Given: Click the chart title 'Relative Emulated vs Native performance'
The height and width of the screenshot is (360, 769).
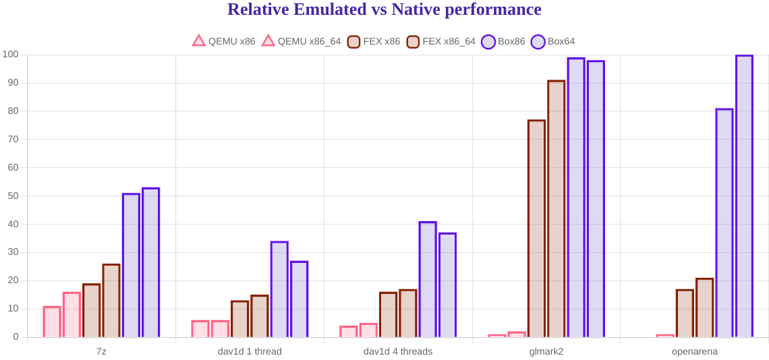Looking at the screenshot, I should [x=384, y=9].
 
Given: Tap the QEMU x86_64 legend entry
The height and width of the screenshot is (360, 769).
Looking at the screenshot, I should [x=301, y=41].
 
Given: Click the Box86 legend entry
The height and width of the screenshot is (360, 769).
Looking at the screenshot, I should [x=503, y=41].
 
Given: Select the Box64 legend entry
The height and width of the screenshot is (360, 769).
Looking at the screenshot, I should [x=552, y=41].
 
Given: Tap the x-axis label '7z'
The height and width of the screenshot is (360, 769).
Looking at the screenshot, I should [x=101, y=351].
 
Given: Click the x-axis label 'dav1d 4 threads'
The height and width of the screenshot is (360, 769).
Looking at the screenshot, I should [x=398, y=351].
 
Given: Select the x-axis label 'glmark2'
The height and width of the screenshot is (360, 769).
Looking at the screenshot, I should [x=546, y=351].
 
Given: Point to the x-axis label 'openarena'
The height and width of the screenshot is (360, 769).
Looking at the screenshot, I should [x=695, y=351].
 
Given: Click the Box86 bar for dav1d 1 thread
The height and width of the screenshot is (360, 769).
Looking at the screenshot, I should [x=279, y=289].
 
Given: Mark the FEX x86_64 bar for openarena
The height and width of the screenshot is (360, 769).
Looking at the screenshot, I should [x=705, y=307].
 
